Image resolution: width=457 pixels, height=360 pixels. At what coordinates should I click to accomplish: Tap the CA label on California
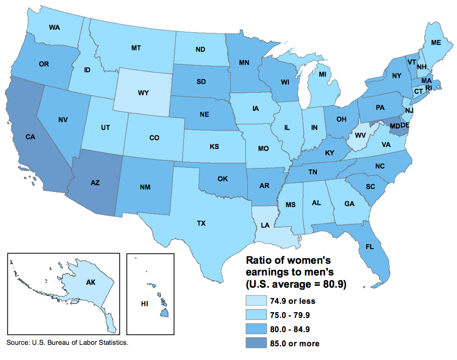point(30,138)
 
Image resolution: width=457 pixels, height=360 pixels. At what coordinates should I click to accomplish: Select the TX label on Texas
point(201,223)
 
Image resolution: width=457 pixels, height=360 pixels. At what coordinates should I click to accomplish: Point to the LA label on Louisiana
point(265,225)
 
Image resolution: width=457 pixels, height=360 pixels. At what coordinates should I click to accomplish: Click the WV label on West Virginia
point(360,135)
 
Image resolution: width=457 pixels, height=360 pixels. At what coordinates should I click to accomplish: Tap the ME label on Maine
point(436,43)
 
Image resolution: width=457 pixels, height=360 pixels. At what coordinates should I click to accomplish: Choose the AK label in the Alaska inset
point(90,283)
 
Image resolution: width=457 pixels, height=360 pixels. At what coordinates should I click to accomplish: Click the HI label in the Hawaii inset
point(144,304)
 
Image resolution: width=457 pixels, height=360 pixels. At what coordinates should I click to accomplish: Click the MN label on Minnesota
point(244,63)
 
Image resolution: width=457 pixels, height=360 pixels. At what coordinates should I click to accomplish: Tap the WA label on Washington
point(55,28)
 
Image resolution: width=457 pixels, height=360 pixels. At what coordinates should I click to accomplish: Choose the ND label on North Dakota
point(200,49)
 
